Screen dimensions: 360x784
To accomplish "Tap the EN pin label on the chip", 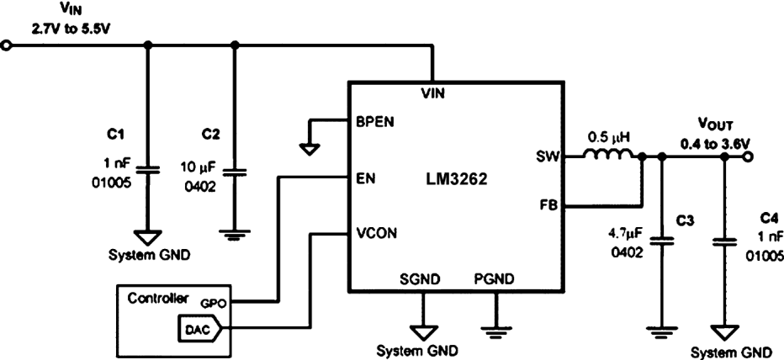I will pos(366,177).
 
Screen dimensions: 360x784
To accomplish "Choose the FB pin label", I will pos(548,205).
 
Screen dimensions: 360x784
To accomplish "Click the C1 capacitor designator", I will pos(116,134).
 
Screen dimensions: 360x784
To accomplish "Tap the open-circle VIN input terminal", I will pos(7,46).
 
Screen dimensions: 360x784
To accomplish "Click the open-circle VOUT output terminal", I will pos(748,156).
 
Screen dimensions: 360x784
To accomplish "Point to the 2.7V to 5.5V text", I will pos(72,28).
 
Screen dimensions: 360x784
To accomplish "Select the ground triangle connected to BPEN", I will pos(310,150).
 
